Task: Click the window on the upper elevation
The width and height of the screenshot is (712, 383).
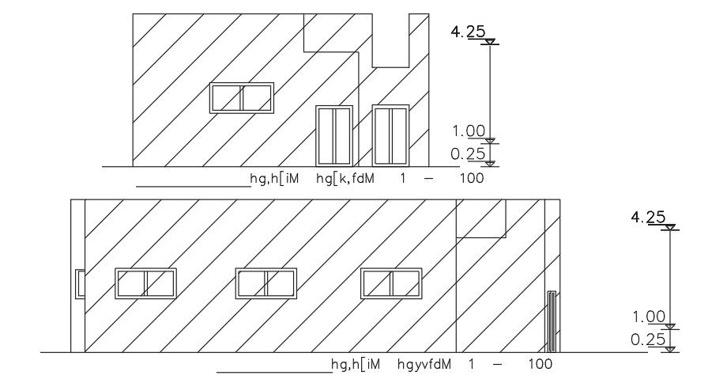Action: tap(241, 98)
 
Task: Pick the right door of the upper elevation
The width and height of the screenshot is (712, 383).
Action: tap(390, 135)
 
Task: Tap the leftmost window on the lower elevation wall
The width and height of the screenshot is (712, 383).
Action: tap(145, 283)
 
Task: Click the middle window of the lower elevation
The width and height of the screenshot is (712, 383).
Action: tap(266, 283)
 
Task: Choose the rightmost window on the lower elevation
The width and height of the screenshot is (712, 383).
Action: tap(391, 283)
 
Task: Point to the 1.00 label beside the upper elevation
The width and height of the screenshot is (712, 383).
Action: tap(466, 131)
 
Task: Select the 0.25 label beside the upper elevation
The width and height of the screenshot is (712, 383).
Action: tap(466, 154)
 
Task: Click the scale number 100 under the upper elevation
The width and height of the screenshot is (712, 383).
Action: tap(471, 179)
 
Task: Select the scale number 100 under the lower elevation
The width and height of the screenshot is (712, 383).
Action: tap(540, 364)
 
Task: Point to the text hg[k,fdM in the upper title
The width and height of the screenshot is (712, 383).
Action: tap(345, 179)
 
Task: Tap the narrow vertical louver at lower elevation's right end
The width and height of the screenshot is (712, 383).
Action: tap(551, 321)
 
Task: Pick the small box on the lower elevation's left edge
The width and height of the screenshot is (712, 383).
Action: tap(80, 283)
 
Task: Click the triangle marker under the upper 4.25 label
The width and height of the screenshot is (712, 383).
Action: tap(491, 42)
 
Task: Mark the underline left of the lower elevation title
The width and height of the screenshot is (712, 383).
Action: tap(274, 371)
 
